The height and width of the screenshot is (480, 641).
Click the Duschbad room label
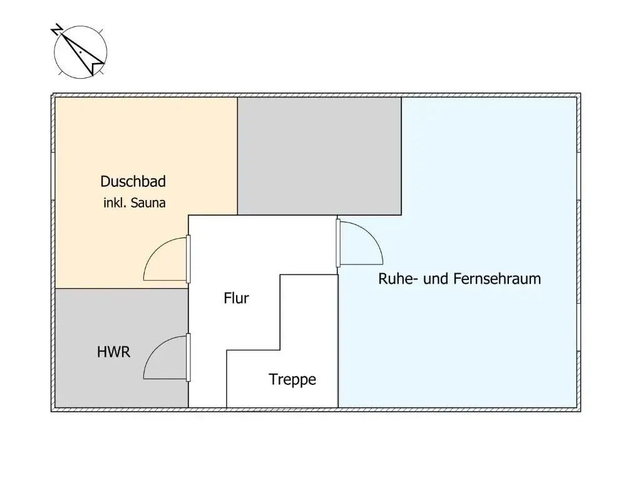(133, 182)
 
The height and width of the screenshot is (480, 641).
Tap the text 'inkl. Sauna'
(135, 203)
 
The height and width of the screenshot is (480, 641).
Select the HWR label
(114, 352)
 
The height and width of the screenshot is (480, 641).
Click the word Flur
(236, 298)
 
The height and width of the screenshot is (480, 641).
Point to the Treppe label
(292, 379)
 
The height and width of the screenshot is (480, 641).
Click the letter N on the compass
(57, 29)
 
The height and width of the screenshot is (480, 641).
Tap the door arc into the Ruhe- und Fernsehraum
(371, 234)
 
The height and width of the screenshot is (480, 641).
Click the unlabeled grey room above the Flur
(319, 156)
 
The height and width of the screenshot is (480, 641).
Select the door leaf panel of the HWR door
(188, 357)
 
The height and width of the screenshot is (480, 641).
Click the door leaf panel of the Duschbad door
(188, 259)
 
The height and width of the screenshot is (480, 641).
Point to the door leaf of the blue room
(338, 243)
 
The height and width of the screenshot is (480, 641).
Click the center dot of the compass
(81, 52)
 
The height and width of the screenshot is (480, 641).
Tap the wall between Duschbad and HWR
(121, 289)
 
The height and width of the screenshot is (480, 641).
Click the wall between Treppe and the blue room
(338, 341)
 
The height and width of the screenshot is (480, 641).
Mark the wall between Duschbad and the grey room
(237, 156)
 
